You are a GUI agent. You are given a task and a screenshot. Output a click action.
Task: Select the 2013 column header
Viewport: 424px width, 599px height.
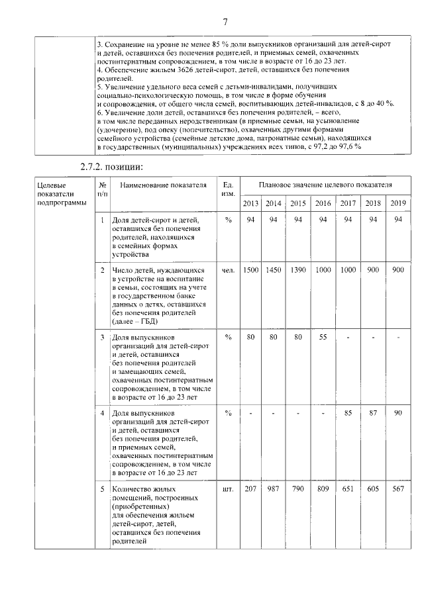[x=251, y=203]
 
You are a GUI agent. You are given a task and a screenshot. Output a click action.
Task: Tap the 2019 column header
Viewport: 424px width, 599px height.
[x=397, y=203]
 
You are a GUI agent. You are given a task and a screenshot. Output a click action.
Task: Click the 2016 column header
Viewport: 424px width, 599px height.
[x=323, y=203]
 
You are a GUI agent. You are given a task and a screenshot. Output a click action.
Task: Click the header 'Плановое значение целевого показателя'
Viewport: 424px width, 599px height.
[x=325, y=183]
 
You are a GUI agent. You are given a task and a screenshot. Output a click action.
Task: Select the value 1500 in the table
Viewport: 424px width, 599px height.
[x=251, y=270]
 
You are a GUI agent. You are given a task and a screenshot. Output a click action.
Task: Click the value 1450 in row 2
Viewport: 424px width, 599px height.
[x=274, y=270]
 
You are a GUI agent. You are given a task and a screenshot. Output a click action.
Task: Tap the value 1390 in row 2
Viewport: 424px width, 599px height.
[x=298, y=270]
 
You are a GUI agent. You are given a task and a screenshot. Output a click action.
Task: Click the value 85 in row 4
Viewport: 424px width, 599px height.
[x=348, y=414]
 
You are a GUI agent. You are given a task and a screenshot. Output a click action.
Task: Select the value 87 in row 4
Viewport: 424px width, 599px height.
[x=373, y=414]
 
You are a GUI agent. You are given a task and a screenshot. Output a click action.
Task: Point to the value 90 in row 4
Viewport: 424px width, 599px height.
[x=397, y=414]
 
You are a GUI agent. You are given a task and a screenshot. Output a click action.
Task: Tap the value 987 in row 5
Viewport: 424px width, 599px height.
[x=274, y=489]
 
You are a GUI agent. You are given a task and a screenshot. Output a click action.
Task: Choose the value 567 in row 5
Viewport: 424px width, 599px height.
[x=397, y=489]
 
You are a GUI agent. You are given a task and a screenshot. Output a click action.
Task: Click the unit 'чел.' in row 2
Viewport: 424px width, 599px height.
[x=228, y=270]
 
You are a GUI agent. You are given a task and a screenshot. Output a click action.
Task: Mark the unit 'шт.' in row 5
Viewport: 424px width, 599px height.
[x=228, y=489]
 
